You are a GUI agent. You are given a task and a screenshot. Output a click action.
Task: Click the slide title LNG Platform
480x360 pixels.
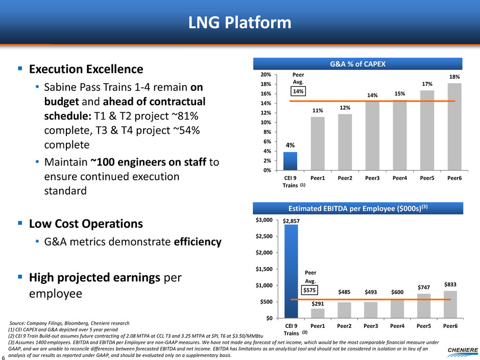(x=240, y=23)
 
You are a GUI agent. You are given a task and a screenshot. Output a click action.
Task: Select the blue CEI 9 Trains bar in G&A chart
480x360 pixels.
(x=290, y=161)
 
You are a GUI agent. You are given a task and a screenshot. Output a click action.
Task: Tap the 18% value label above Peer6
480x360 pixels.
(x=454, y=77)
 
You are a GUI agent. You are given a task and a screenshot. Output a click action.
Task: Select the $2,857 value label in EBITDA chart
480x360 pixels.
(x=293, y=220)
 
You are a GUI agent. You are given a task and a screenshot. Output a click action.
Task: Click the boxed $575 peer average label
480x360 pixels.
(x=310, y=290)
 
